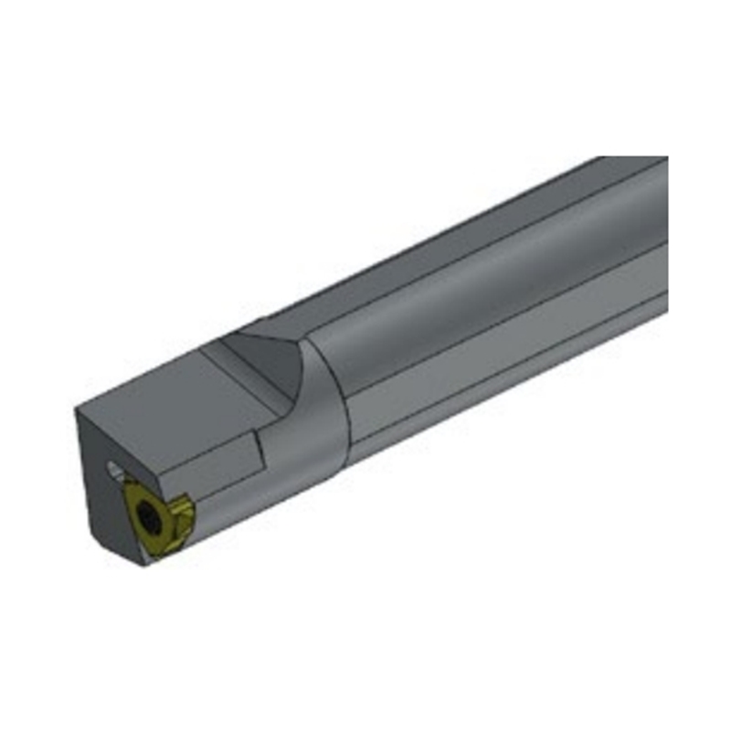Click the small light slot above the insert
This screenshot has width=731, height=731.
coord(113,470)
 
